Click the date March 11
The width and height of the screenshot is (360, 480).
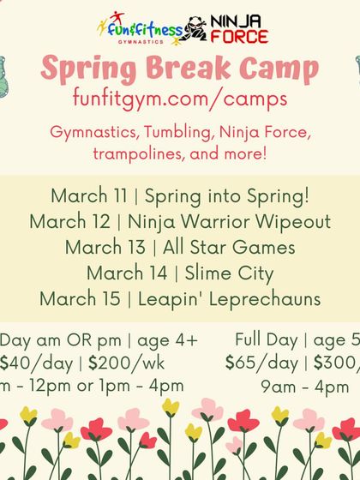pyautogui.click(x=87, y=195)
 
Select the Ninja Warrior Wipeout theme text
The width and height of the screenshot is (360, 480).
pyautogui.click(x=229, y=222)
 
